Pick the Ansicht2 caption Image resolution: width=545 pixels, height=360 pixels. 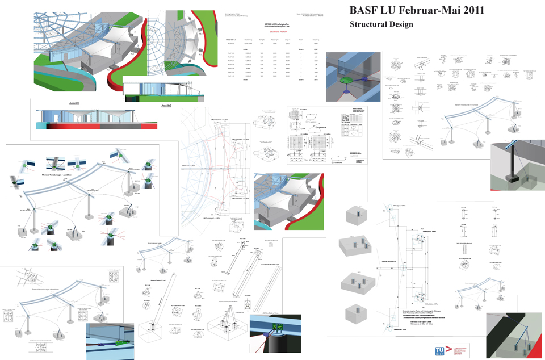[166, 105]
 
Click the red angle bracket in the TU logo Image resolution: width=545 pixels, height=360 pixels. [448, 351]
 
